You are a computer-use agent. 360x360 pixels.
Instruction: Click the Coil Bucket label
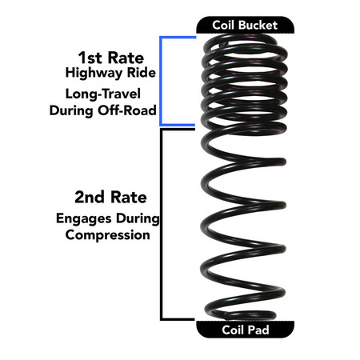pos(245,25)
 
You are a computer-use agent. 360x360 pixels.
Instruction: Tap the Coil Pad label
pos(245,330)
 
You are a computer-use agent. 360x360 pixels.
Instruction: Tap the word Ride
pos(138,74)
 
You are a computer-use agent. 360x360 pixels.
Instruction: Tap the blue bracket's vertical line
pos(162,80)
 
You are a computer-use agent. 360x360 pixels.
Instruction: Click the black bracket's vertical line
pos(162,224)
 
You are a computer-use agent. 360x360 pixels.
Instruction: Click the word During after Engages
pos(137,218)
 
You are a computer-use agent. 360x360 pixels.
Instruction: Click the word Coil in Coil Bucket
pos(226,25)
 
